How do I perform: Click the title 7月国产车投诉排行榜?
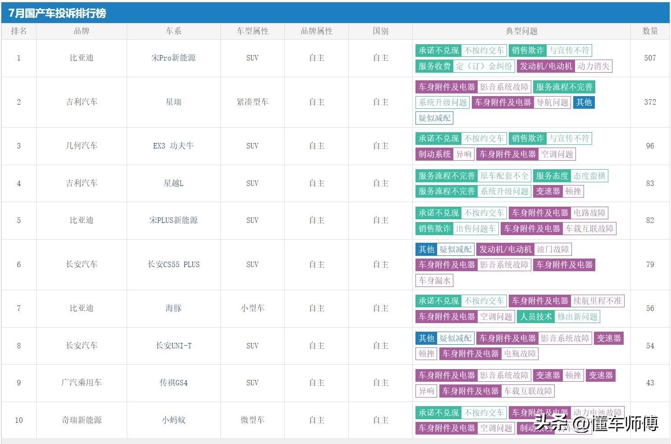(x=57, y=13)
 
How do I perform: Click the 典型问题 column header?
(x=521, y=31)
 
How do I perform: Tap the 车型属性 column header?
(x=252, y=31)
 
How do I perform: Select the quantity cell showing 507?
(x=650, y=58)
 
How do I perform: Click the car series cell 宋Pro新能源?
(x=173, y=58)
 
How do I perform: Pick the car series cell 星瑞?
(x=173, y=102)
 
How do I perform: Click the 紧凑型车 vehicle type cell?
(x=252, y=102)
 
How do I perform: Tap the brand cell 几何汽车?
(x=82, y=146)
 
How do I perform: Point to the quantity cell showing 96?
(x=650, y=146)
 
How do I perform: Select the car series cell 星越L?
(x=173, y=183)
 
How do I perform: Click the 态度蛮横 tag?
(x=589, y=176)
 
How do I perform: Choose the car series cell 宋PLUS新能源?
(x=173, y=220)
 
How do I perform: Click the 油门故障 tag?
(x=552, y=249)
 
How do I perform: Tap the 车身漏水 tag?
(x=434, y=281)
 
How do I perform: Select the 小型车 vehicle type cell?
(x=252, y=308)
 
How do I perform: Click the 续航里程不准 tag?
(x=597, y=301)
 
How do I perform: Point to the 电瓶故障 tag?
(x=520, y=354)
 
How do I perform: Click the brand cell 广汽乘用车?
(x=82, y=383)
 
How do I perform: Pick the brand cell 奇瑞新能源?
(x=82, y=420)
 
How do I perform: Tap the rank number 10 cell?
(x=19, y=420)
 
